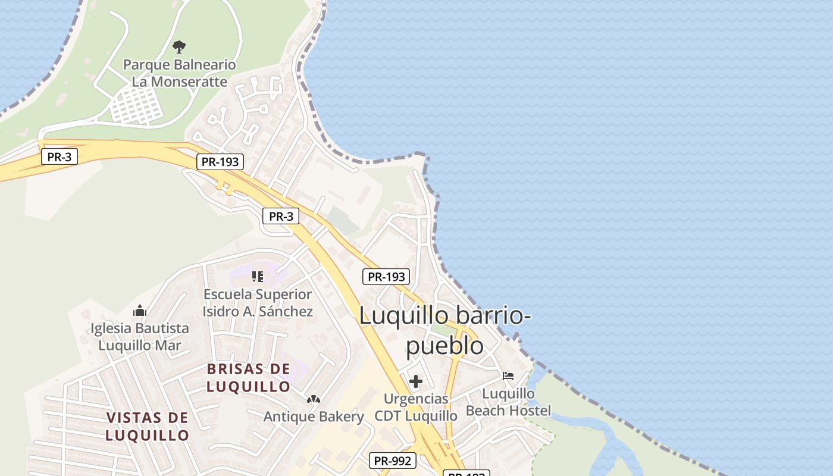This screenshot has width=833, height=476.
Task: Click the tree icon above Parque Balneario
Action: click(x=178, y=46)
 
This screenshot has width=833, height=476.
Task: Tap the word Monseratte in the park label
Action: click(x=188, y=82)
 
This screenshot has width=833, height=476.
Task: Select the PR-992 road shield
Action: click(x=392, y=461)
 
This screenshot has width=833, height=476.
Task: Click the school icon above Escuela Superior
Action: click(x=257, y=276)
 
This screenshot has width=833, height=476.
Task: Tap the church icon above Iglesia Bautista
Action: click(x=140, y=311)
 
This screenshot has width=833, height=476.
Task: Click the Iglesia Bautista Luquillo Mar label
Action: click(x=140, y=336)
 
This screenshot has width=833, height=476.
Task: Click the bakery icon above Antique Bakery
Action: click(x=313, y=399)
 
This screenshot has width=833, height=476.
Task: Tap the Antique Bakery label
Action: click(x=313, y=416)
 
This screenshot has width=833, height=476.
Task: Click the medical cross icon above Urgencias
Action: click(x=416, y=381)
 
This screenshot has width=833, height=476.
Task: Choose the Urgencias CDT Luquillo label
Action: click(x=416, y=407)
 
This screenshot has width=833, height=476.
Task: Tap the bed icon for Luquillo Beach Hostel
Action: click(x=508, y=376)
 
